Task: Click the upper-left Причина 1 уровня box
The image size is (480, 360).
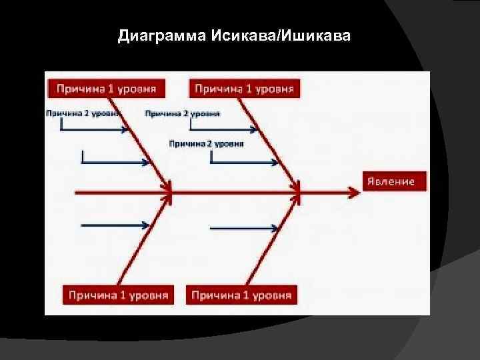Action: point(106,88)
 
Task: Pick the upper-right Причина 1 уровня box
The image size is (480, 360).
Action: point(245,88)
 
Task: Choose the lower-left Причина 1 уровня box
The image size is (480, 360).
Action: point(117,294)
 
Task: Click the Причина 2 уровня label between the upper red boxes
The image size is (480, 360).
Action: point(181,113)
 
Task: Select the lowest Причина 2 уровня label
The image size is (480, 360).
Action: point(207,143)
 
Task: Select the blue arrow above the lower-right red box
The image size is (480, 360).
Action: point(244,229)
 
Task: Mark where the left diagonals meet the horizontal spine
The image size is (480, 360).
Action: point(171,193)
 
